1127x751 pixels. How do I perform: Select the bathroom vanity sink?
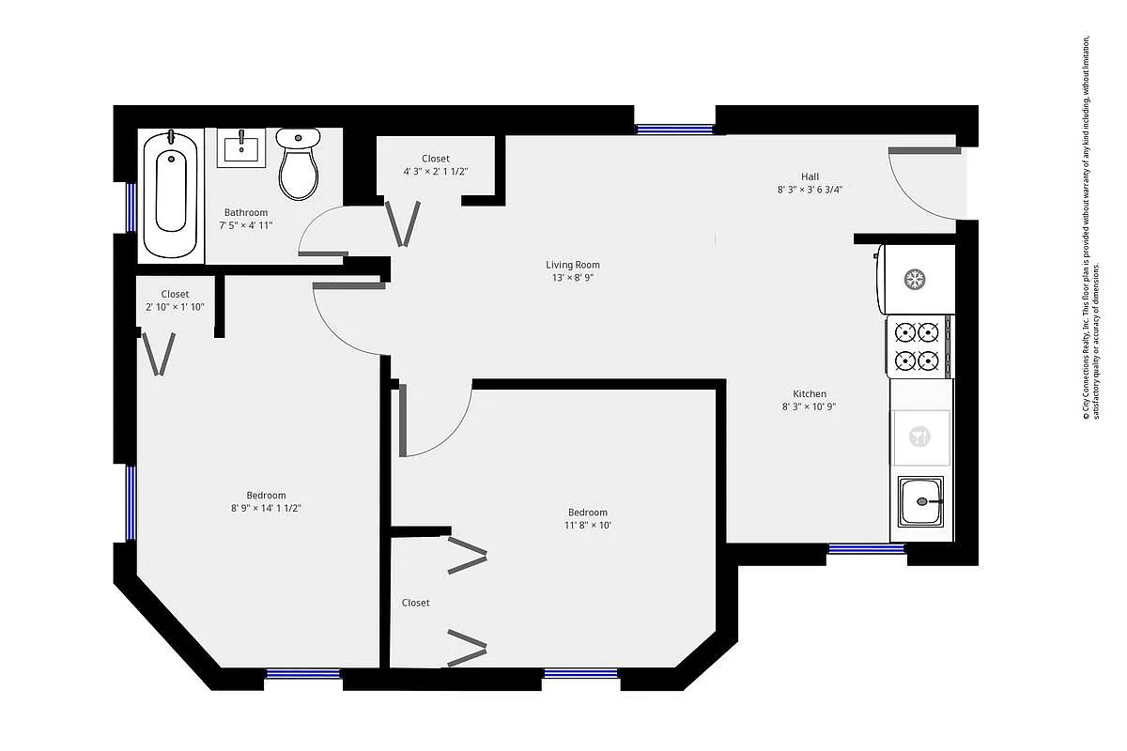click(x=242, y=147)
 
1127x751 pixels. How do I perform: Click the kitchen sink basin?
click(x=921, y=503)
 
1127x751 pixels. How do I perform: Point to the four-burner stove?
click(x=918, y=345)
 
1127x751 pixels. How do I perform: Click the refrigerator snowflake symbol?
click(x=914, y=279)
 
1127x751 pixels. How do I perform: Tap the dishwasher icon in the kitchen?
click(x=920, y=437)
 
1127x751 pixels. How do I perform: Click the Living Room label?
click(x=573, y=265)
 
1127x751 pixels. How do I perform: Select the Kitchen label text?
click(x=810, y=393)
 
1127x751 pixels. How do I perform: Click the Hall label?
click(x=810, y=176)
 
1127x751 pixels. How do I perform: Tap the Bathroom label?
click(x=246, y=212)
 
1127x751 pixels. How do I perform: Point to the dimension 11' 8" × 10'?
click(x=587, y=526)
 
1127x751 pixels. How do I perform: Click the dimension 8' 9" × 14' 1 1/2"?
click(x=266, y=508)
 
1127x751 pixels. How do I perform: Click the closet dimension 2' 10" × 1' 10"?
click(x=175, y=307)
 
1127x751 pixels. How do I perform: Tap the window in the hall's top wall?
click(x=674, y=129)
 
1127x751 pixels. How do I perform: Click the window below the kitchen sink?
click(x=866, y=548)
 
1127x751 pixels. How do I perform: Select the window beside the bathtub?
click(x=131, y=207)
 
